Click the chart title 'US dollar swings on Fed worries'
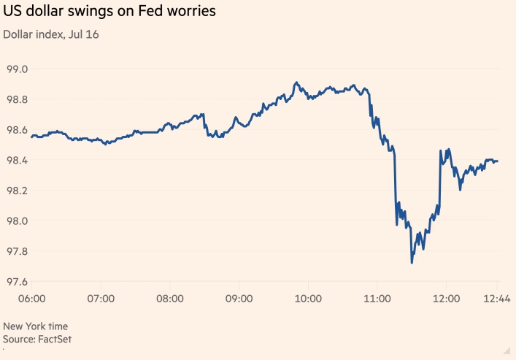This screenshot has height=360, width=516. point(110,12)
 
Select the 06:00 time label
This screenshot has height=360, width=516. point(32,298)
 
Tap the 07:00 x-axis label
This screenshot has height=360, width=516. point(101,298)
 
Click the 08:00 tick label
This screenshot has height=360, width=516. point(170,298)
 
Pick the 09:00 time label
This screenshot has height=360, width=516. point(239,298)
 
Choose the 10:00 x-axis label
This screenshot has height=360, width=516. point(308,298)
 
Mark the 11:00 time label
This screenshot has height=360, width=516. point(377,298)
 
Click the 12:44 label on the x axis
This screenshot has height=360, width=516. point(496,298)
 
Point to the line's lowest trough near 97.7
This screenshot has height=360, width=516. point(412,262)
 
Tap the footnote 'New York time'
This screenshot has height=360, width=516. point(36,326)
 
